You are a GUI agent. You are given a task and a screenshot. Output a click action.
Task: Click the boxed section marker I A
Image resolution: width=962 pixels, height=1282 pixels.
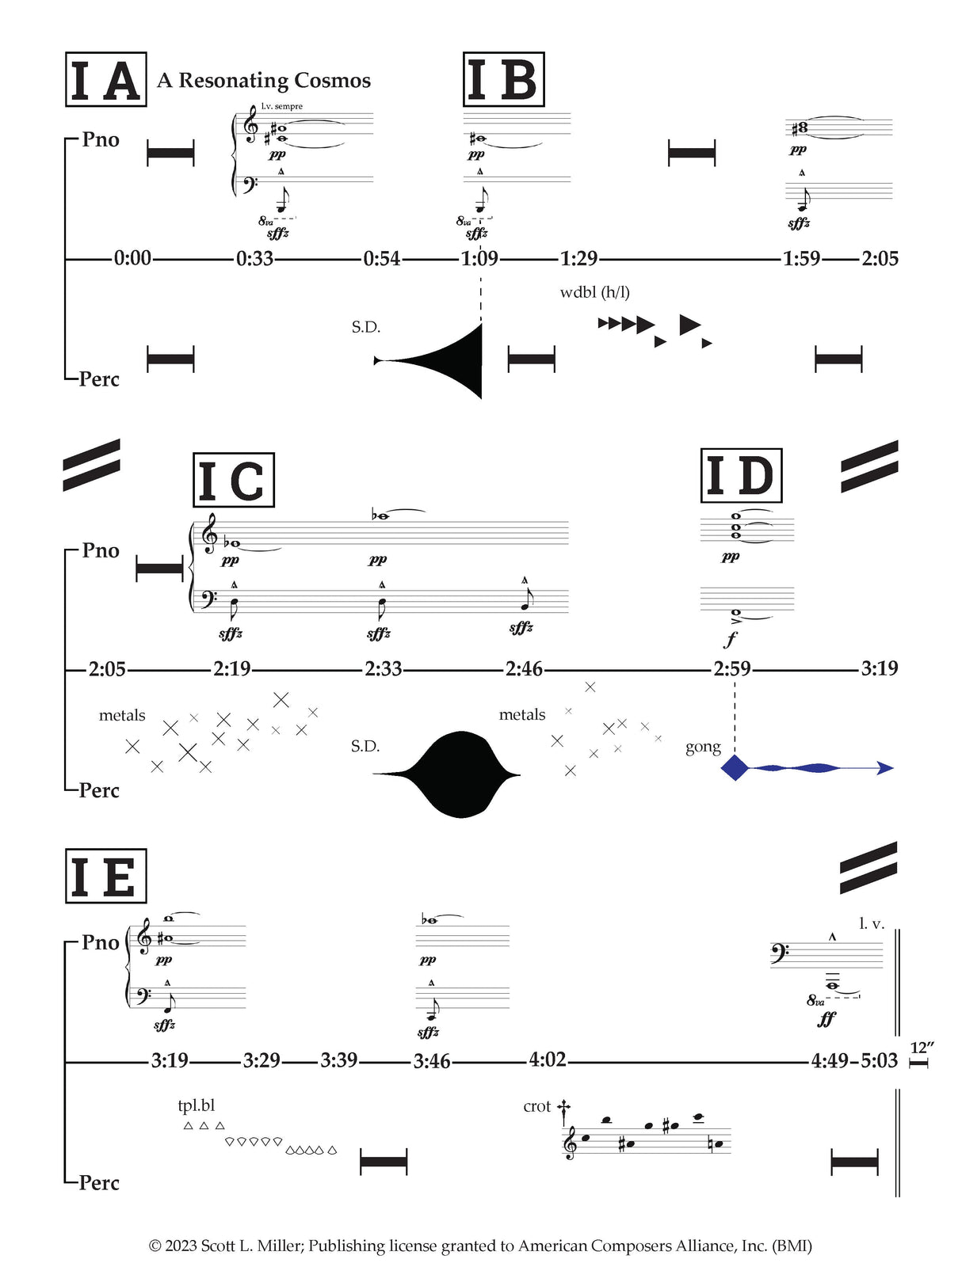pos(105,80)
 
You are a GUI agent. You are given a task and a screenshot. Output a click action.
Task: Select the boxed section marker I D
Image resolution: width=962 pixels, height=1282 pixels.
pos(741,476)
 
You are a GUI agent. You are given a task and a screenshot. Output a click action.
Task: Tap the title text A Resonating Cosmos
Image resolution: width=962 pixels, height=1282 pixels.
pos(264,81)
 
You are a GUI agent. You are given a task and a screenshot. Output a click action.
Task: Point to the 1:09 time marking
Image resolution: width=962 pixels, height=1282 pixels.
pos(479,259)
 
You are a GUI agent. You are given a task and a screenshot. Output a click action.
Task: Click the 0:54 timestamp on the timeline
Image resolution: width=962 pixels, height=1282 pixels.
pos(382,259)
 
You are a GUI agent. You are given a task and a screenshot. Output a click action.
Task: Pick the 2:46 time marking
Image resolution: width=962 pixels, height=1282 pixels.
pos(524,670)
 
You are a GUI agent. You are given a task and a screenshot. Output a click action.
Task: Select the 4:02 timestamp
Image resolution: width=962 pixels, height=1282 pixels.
pos(548,1059)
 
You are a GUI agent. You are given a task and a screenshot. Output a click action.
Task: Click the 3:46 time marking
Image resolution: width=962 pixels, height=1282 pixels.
pos(432,1061)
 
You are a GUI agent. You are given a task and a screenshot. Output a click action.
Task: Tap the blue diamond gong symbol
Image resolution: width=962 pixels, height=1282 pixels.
pos(735,767)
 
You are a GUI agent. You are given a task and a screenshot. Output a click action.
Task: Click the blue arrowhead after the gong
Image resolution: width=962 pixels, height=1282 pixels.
pos(886,767)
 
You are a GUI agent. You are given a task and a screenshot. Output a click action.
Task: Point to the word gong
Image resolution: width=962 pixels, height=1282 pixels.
pos(703,747)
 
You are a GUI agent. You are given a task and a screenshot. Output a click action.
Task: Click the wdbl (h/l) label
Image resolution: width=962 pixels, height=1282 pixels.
pos(594,292)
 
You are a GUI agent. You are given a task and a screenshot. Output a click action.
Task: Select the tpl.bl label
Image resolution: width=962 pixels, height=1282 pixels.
pos(196,1105)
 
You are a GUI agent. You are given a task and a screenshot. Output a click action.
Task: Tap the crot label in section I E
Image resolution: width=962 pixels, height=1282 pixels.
pos(536,1106)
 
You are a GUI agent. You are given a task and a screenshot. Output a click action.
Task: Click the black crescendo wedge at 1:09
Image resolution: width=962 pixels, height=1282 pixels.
pos(452,361)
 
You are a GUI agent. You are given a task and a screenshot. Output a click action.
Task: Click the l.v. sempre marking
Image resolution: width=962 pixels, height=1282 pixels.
pos(281,106)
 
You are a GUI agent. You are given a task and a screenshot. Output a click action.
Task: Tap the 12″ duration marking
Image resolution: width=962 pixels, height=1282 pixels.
pos(922,1048)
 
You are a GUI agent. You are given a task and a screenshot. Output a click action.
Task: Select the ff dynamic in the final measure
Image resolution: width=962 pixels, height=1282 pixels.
pos(826,1019)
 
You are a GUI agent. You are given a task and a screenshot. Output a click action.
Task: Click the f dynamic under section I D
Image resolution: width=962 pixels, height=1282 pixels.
pos(731,638)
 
